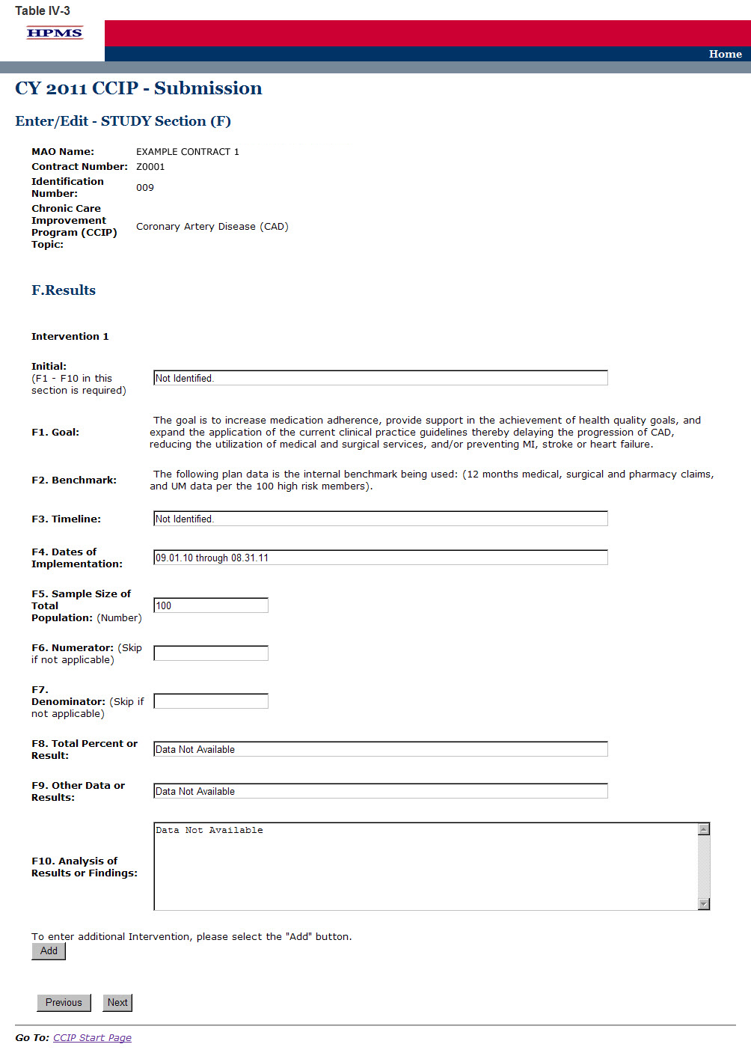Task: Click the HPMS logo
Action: pos(55,33)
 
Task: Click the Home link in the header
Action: pos(725,54)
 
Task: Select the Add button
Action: pos(49,951)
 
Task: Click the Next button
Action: pos(117,1003)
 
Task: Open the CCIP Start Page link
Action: pos(92,1038)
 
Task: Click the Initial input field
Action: pos(380,378)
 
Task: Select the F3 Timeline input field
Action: pos(380,519)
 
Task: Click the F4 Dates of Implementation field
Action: pos(380,558)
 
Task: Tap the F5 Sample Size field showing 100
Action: pos(211,605)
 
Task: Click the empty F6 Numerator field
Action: pos(211,653)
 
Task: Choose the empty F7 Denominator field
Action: pos(211,701)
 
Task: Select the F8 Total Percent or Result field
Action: pos(380,749)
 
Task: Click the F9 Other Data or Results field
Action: pos(380,791)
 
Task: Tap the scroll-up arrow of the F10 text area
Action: pos(704,829)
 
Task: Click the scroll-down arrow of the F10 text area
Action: pos(704,904)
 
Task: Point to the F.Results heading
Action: pos(64,290)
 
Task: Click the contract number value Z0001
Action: pos(150,167)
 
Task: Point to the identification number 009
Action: pos(145,188)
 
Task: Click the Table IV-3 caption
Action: pos(43,10)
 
